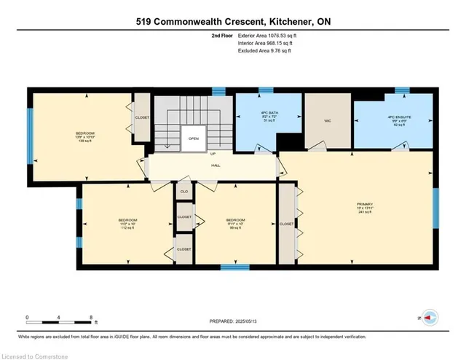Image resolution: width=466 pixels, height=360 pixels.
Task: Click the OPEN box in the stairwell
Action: tap(194, 138)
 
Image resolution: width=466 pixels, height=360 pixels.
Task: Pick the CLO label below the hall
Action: tap(184, 191)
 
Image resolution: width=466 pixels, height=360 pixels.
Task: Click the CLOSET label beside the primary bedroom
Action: tap(286, 224)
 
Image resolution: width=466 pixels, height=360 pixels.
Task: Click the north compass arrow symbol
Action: tap(430, 318)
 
